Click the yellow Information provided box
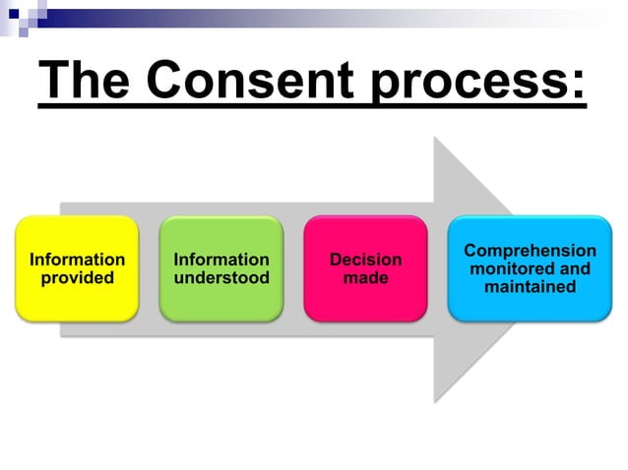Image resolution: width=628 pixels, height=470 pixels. tap(77, 268)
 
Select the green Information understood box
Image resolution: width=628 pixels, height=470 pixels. tap(220, 268)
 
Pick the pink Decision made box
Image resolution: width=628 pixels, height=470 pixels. tap(365, 268)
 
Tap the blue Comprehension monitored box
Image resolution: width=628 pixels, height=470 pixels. tap(530, 268)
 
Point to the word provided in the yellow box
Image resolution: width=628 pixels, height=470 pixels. tap(77, 278)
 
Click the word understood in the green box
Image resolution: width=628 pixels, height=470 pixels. tap(220, 278)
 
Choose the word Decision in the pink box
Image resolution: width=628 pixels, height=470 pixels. tap(365, 260)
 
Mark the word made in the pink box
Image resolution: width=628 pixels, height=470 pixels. tap(365, 278)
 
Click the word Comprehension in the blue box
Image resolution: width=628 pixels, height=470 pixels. tap(530, 251)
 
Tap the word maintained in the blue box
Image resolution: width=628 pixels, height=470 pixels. tap(530, 287)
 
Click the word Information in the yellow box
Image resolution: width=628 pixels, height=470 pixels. tap(77, 260)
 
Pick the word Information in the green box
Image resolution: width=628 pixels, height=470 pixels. tap(220, 260)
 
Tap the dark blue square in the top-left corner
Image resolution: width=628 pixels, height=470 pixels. tap(13, 12)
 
